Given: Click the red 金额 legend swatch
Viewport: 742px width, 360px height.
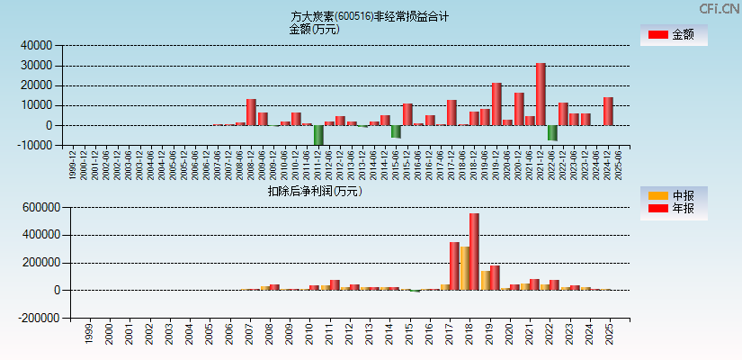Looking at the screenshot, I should point(658,34).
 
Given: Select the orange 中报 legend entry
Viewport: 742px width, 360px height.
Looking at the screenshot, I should point(658,195).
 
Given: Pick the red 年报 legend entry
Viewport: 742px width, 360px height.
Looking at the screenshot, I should point(658,209).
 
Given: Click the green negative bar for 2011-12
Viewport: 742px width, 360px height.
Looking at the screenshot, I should point(318,135).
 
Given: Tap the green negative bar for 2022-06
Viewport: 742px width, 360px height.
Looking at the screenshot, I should point(552,132).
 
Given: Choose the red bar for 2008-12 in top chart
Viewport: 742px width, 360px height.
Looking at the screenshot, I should point(251,112).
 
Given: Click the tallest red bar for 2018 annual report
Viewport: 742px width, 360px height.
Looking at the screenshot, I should point(474,251).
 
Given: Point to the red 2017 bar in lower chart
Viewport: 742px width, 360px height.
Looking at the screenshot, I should point(454,265).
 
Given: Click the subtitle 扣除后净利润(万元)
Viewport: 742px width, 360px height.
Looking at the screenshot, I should point(314,191).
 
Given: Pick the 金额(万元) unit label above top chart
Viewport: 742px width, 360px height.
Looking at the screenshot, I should point(314,29).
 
